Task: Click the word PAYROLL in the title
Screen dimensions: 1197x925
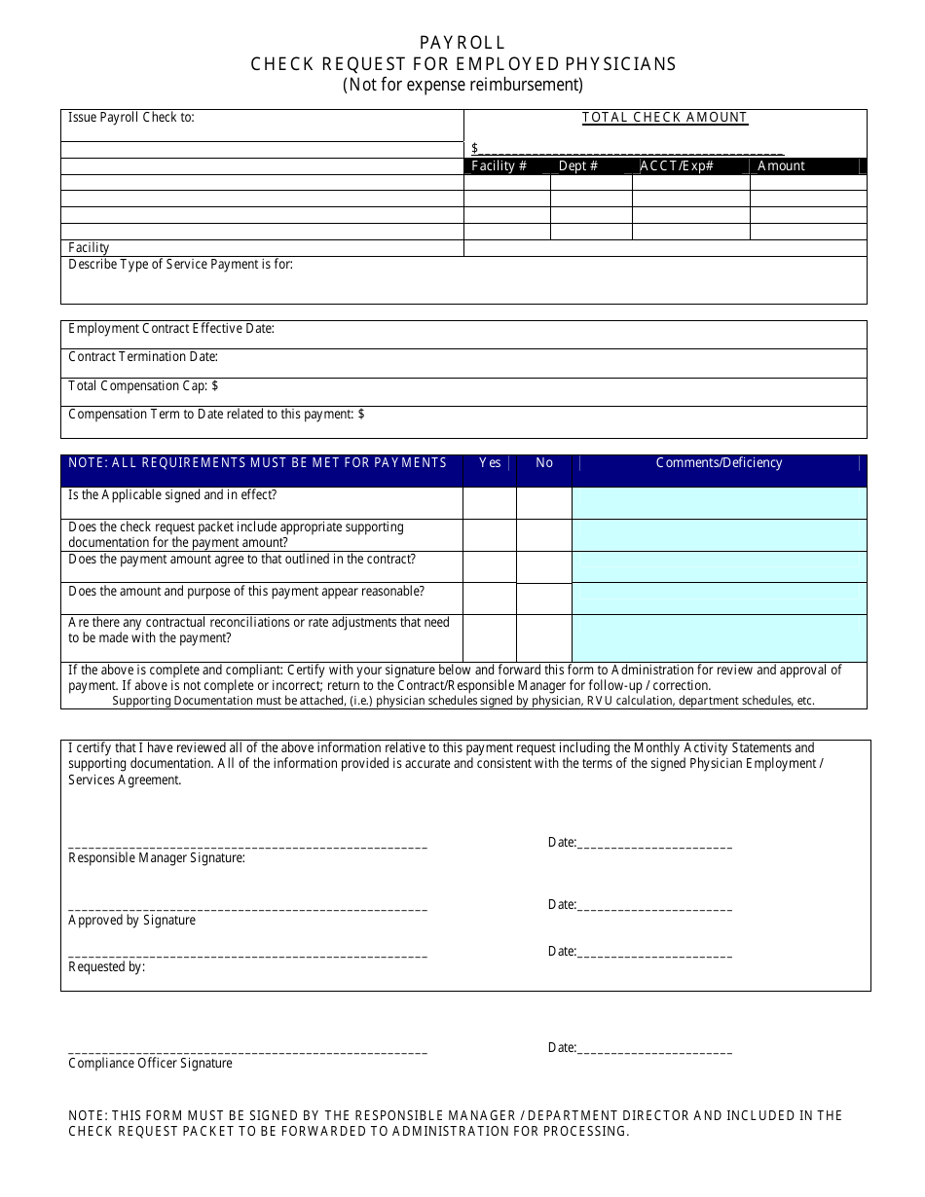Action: coord(462,43)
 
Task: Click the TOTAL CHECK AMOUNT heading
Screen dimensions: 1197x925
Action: coord(665,118)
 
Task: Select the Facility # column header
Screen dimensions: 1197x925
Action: coord(499,166)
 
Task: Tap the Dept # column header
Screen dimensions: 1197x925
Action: coord(578,166)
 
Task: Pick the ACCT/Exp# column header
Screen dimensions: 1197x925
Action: coord(677,166)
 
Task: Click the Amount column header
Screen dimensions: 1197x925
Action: coord(781,166)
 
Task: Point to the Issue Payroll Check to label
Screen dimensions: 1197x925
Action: coord(131,118)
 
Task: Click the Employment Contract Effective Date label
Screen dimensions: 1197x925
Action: coord(171,329)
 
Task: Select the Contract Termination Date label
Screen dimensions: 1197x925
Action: coord(143,357)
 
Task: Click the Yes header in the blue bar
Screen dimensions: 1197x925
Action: coord(490,463)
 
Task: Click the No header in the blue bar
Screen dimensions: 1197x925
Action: coord(544,463)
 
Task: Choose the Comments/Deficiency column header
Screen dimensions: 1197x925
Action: coord(720,463)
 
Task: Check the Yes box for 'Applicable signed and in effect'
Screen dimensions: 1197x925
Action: coord(490,503)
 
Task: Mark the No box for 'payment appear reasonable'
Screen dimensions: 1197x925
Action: coord(544,598)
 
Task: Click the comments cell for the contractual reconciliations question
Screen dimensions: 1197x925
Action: coord(720,638)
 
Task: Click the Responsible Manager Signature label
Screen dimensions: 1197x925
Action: coord(157,858)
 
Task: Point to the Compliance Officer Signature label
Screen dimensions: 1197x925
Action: coord(150,1064)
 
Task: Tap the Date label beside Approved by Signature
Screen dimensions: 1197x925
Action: coord(562,905)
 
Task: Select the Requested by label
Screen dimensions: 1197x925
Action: coord(106,967)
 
